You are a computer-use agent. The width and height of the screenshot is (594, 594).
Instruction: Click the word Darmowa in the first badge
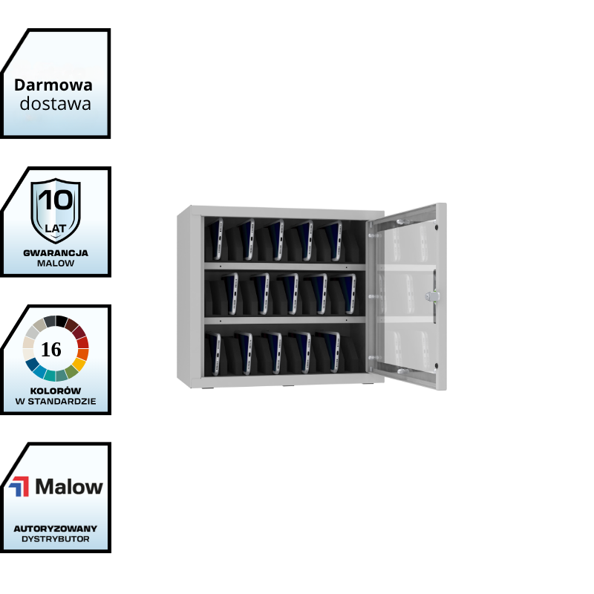(x=53, y=85)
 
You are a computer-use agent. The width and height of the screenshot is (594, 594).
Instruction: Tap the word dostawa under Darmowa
(x=55, y=104)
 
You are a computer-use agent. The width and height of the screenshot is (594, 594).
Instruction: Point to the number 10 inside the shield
(x=56, y=200)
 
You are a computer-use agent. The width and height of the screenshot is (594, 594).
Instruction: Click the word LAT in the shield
(x=55, y=229)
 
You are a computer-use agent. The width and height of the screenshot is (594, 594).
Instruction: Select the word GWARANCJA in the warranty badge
(x=56, y=253)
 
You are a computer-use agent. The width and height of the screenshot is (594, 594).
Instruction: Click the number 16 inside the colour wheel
(x=50, y=349)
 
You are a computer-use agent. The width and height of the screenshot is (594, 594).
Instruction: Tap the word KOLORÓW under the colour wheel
(x=56, y=391)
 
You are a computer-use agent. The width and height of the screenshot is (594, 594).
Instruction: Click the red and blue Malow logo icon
(x=19, y=486)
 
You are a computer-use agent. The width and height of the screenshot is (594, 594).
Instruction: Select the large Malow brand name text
(x=69, y=487)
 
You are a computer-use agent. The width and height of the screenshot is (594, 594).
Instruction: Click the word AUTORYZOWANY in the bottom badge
(x=56, y=529)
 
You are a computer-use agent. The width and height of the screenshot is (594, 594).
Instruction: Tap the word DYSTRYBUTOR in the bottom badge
(x=56, y=539)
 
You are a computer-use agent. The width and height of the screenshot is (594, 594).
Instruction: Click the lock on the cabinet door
(x=432, y=296)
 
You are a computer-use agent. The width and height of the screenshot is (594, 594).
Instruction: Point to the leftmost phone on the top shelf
(x=216, y=238)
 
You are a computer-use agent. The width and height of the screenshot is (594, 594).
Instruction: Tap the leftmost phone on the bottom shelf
(x=215, y=353)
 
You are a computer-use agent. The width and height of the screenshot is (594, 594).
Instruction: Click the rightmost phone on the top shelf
(x=333, y=241)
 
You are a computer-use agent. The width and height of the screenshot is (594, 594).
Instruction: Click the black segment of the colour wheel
(x=62, y=322)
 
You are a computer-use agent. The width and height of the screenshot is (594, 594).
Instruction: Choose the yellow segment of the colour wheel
(x=79, y=365)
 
